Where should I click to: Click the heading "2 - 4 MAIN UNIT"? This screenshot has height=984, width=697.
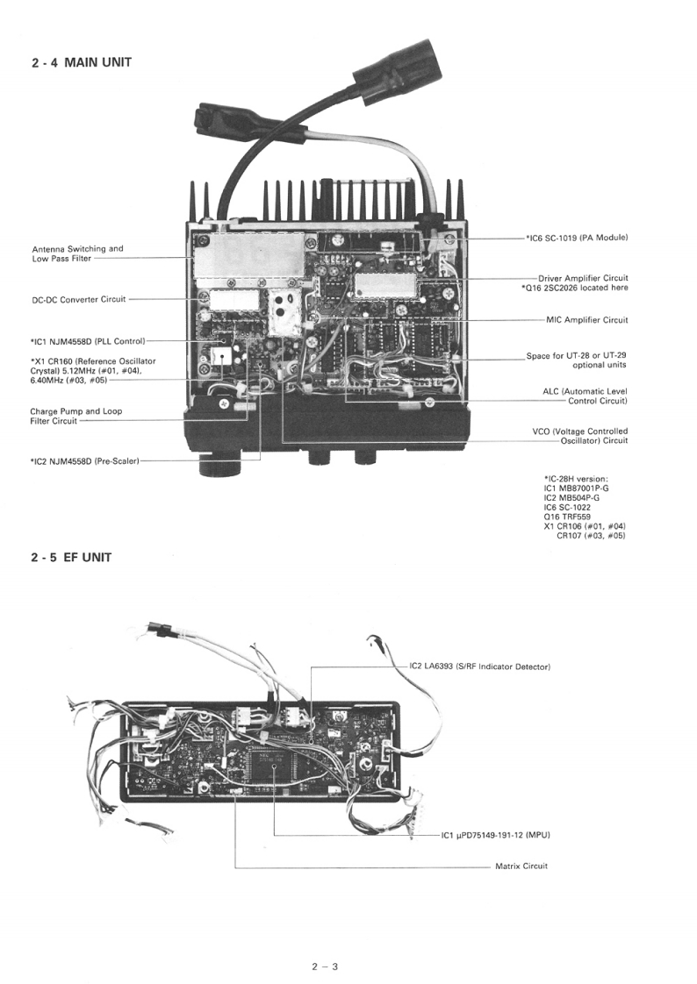pyautogui.click(x=81, y=62)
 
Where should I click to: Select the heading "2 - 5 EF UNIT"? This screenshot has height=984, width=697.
pyautogui.click(x=70, y=558)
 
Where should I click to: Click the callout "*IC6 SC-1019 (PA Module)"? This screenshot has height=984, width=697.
pyautogui.click(x=577, y=238)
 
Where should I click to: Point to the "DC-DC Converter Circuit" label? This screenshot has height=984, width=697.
pyautogui.click(x=79, y=299)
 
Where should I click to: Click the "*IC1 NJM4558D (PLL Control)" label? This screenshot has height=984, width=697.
pyautogui.click(x=87, y=340)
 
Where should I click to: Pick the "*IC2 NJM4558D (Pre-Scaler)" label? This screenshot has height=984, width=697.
pyautogui.click(x=84, y=459)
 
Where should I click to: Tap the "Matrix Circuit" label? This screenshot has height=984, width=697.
pyautogui.click(x=521, y=866)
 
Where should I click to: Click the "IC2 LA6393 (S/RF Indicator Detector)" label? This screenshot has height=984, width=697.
pyautogui.click(x=479, y=667)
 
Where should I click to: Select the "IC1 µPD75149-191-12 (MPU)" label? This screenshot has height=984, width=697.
pyautogui.click(x=500, y=835)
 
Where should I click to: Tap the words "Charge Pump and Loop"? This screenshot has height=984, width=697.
pyautogui.click(x=76, y=410)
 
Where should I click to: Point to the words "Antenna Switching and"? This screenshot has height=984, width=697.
pyautogui.click(x=77, y=248)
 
